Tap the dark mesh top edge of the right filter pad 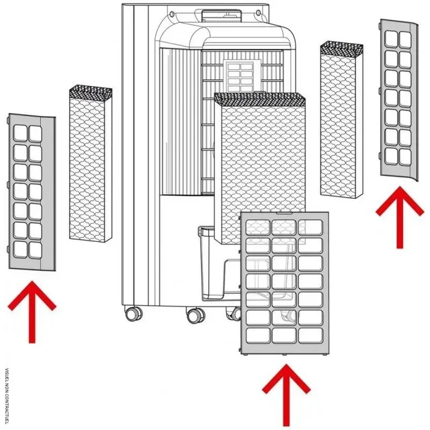pyautogui.click(x=342, y=48)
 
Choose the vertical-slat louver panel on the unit pyautogui.click(x=179, y=121)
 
